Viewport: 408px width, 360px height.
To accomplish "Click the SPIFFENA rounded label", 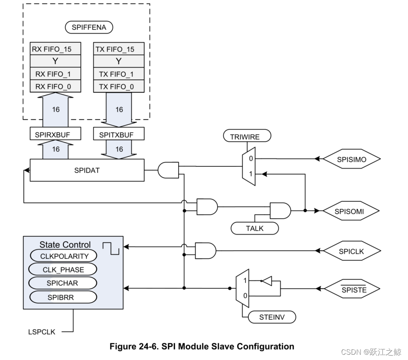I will point(89,27).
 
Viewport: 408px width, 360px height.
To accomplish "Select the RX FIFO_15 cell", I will point(55,49).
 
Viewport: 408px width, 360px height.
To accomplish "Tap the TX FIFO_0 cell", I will point(119,87).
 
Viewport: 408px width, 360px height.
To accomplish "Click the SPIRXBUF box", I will point(55,135).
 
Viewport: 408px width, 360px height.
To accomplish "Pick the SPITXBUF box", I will point(119,135).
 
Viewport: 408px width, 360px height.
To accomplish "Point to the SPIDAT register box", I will point(87,170).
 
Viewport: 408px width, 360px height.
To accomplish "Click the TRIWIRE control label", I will point(245,137).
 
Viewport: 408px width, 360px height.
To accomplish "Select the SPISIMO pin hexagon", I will point(350,159).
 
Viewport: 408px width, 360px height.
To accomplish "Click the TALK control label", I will point(255,228).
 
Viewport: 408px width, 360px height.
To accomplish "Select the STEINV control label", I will point(272,316).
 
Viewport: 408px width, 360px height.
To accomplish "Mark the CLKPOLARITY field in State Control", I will point(62,256).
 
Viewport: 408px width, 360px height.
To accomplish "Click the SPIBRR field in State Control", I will point(62,297).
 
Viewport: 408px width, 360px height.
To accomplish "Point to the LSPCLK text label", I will point(42,332).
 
